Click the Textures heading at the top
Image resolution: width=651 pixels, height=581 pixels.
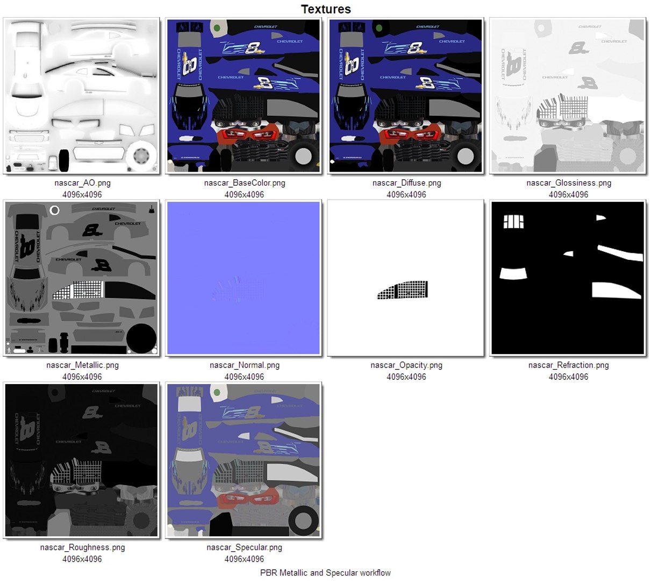point(326,9)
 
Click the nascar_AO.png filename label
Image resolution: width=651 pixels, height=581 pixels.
point(82,183)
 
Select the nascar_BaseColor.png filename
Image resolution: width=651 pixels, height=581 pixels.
point(245,183)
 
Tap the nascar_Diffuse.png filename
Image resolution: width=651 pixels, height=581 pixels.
point(406,183)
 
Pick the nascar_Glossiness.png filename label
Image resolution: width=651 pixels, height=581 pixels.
point(569,183)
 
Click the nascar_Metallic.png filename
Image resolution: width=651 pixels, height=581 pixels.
point(82,365)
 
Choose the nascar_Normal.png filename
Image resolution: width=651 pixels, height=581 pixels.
point(245,365)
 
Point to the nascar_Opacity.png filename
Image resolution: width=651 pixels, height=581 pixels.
point(406,365)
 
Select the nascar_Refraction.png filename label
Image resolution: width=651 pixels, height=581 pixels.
point(569,365)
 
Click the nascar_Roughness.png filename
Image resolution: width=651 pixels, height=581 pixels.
point(82,548)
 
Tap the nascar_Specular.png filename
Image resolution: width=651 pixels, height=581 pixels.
point(245,548)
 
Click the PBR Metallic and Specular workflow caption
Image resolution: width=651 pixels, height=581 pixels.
point(325,573)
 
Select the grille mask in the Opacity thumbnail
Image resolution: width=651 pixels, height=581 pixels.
point(403,290)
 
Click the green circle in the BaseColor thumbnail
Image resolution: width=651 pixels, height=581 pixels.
point(217,28)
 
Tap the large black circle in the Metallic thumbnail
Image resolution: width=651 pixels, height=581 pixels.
point(141,338)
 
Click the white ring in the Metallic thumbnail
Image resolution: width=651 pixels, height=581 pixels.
point(54,210)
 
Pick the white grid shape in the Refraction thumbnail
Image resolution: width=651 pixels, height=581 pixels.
point(513,222)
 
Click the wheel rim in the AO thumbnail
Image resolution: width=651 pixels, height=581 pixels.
point(141,157)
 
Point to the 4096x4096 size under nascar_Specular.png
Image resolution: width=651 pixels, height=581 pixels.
point(245,559)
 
